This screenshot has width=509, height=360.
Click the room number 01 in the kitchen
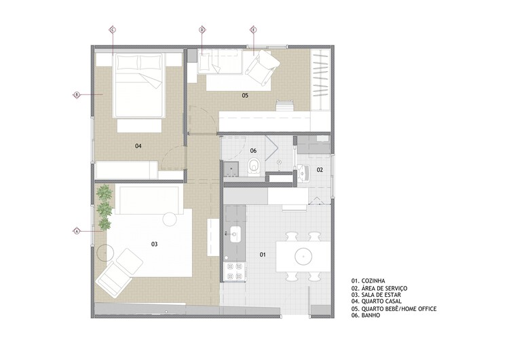(263, 255)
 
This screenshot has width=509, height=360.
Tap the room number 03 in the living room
(154, 243)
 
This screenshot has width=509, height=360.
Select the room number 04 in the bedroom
(138, 145)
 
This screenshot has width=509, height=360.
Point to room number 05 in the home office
(245, 96)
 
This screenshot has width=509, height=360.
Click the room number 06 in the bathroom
(253, 150)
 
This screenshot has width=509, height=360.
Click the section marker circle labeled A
(77, 231)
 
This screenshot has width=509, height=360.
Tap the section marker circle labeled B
(77, 94)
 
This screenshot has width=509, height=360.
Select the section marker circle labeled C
(113, 29)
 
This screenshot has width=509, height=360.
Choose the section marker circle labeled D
(202, 29)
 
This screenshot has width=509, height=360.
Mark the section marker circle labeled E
(253, 29)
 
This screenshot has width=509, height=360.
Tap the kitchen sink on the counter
(235, 235)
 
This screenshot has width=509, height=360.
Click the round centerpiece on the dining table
(302, 256)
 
